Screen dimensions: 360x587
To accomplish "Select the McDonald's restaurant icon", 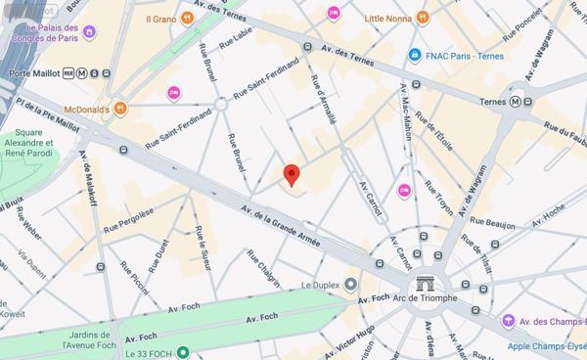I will (119, 108).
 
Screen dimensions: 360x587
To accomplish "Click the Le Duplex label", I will (319, 285).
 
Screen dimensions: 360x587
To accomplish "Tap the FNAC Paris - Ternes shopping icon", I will (416, 55).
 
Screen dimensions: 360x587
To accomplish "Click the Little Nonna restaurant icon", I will (422, 17).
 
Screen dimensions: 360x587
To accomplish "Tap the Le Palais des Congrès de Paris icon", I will (90, 32).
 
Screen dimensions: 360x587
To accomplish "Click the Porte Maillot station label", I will (30, 72).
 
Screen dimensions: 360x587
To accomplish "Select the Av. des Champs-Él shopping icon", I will (508, 321).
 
